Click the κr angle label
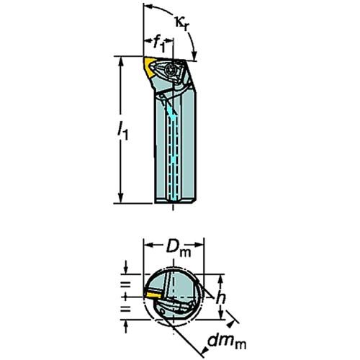pyautogui.click(x=181, y=24)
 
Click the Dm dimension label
pyautogui.click(x=179, y=248)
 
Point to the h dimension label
pyautogui.click(x=220, y=298)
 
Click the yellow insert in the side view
pyautogui.click(x=149, y=67)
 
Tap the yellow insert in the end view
pyautogui.click(x=153, y=295)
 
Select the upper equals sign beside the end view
pyautogui.click(x=125, y=284)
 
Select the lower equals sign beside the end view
pyautogui.click(x=125, y=309)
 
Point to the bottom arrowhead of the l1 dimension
pyautogui.click(x=121, y=198)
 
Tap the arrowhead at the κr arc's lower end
pyautogui.click(x=195, y=55)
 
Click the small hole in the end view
pyautogui.click(x=162, y=312)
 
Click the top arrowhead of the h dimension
pyautogui.click(x=220, y=279)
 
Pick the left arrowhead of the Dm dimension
pyautogui.click(x=149, y=245)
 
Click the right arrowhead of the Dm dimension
pyautogui.click(x=199, y=245)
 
